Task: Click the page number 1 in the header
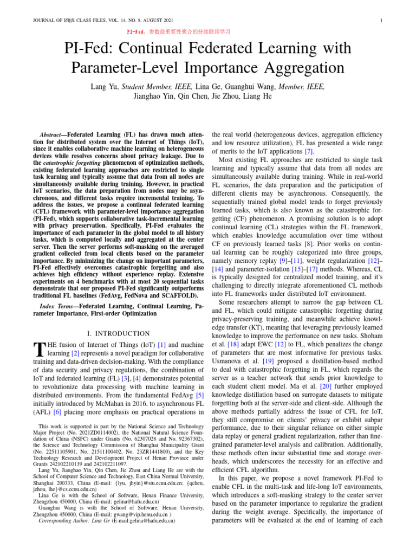(382, 21)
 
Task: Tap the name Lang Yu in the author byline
(103, 87)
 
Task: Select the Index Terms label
(58, 307)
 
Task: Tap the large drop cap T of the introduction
(38, 350)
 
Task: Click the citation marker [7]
(308, 151)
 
